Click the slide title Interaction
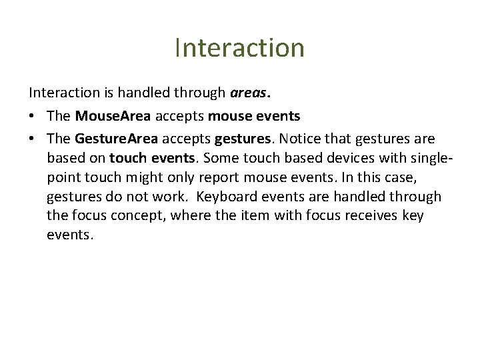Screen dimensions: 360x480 [x=239, y=48]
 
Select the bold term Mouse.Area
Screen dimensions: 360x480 [x=113, y=116]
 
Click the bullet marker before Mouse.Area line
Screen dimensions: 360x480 [x=33, y=117]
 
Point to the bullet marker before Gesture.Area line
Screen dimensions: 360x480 [x=33, y=139]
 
